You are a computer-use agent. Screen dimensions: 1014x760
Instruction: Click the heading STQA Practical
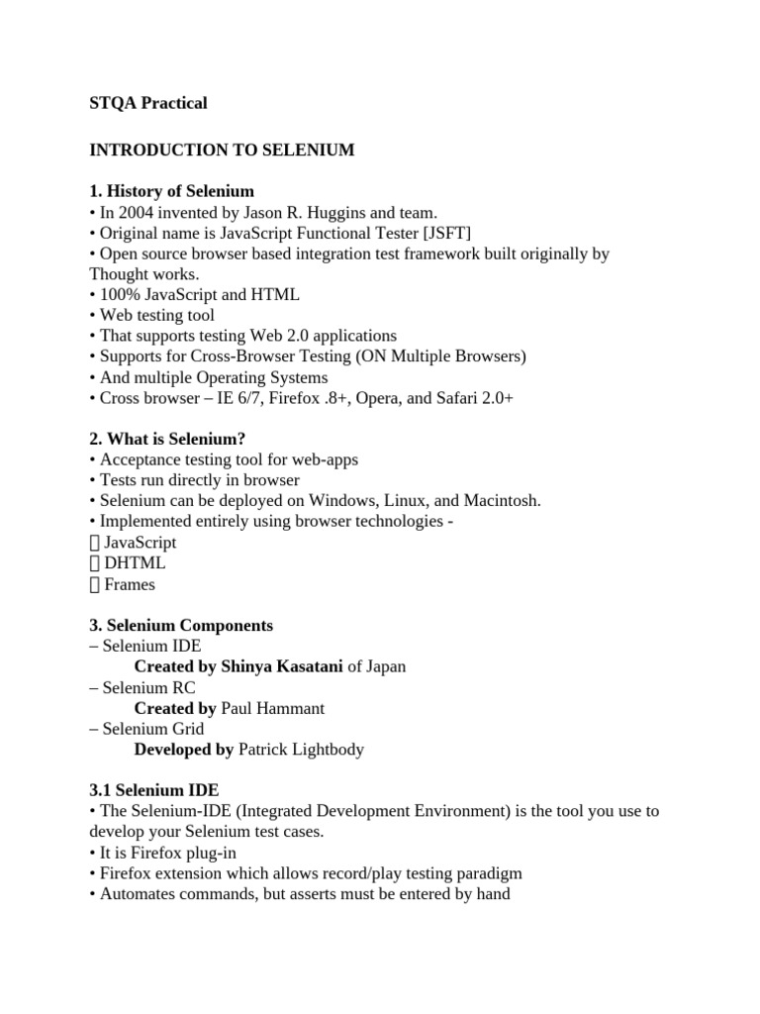click(148, 103)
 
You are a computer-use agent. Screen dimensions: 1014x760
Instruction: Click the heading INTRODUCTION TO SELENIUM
click(222, 150)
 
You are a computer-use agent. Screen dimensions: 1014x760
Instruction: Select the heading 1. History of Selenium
click(171, 191)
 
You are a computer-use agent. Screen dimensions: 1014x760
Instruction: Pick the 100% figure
click(119, 295)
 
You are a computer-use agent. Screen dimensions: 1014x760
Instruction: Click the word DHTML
click(135, 563)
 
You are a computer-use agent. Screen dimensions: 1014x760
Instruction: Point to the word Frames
click(130, 584)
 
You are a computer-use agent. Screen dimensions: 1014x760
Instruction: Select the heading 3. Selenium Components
click(181, 626)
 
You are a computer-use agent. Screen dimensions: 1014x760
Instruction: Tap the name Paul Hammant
click(272, 708)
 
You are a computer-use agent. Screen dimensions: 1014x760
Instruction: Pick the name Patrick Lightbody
click(301, 750)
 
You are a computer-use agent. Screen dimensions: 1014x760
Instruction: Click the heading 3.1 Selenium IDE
click(154, 790)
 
